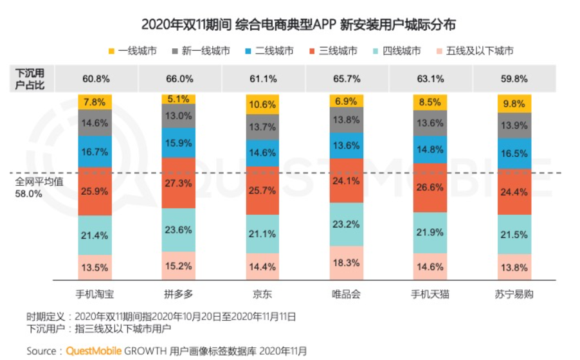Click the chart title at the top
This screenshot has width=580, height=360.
click(298, 24)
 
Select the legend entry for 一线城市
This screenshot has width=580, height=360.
click(132, 51)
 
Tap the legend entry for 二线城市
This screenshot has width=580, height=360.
click(269, 51)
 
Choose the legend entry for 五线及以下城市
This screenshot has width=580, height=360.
click(475, 51)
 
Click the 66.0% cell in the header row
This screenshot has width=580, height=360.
click(179, 79)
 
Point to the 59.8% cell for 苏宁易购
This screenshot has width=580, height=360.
click(514, 79)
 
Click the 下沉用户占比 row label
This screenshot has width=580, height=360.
click(30, 79)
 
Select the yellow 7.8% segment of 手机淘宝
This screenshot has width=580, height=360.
click(95, 102)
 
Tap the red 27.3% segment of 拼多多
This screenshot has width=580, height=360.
click(178, 183)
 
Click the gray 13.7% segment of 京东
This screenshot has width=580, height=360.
click(262, 127)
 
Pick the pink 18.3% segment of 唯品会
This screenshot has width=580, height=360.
click(346, 263)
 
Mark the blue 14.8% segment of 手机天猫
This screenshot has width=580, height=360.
click(430, 150)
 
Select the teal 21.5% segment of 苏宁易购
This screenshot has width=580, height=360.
click(514, 235)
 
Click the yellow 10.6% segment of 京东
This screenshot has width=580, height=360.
click(262, 104)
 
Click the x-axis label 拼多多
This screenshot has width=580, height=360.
click(179, 294)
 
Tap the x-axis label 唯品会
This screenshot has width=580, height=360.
click(346, 294)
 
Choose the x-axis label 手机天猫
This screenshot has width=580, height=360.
click(430, 294)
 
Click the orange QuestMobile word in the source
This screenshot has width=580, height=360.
click(94, 351)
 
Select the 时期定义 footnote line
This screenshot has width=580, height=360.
click(161, 317)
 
